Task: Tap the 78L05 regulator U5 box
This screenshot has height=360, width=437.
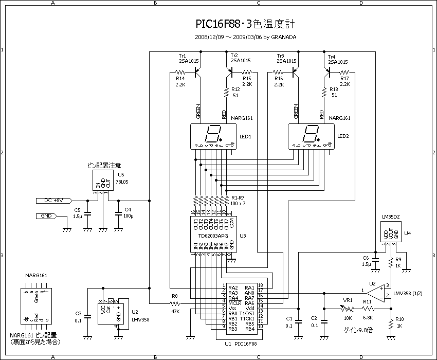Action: click(103, 182)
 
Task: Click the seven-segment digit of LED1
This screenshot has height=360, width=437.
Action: click(212, 135)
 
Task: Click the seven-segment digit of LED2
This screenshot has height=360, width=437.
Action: click(310, 135)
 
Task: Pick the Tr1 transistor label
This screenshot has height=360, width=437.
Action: click(182, 56)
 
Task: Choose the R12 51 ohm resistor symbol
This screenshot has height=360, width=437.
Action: click(226, 93)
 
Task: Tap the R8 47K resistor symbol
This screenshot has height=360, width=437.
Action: click(174, 303)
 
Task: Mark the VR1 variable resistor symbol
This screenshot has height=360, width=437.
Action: click(348, 309)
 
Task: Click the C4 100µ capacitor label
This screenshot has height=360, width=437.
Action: click(128, 212)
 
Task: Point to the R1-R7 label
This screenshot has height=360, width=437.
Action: click(238, 198)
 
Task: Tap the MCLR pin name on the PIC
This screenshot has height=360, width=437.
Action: click(235, 303)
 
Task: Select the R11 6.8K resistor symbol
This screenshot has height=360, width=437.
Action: click(367, 309)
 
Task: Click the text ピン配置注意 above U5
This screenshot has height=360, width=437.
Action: click(104, 166)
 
